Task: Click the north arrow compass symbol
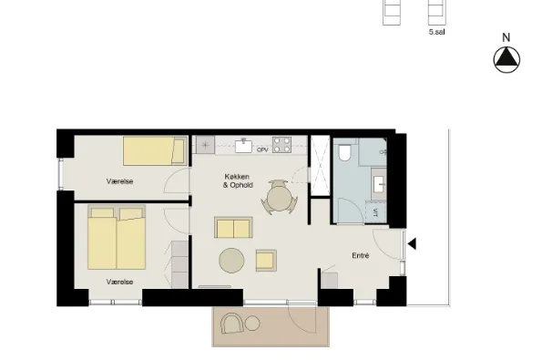point(506,60)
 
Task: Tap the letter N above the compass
point(506,37)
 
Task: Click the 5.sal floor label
point(436,32)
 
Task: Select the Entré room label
point(361,255)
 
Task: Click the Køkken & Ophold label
point(238,180)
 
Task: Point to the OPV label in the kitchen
point(262,150)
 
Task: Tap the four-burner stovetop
point(281,145)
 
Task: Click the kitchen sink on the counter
point(244,146)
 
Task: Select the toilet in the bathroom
point(344,153)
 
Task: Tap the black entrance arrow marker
point(412,243)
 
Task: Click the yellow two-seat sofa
point(233,228)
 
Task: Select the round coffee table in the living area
point(231,261)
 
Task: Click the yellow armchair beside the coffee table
point(266,261)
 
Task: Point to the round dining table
point(280,198)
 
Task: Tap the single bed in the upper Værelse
point(155,150)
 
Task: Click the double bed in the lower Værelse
point(117,237)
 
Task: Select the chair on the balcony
point(231,324)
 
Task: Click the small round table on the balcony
point(252,324)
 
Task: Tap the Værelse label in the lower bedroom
point(119,282)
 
